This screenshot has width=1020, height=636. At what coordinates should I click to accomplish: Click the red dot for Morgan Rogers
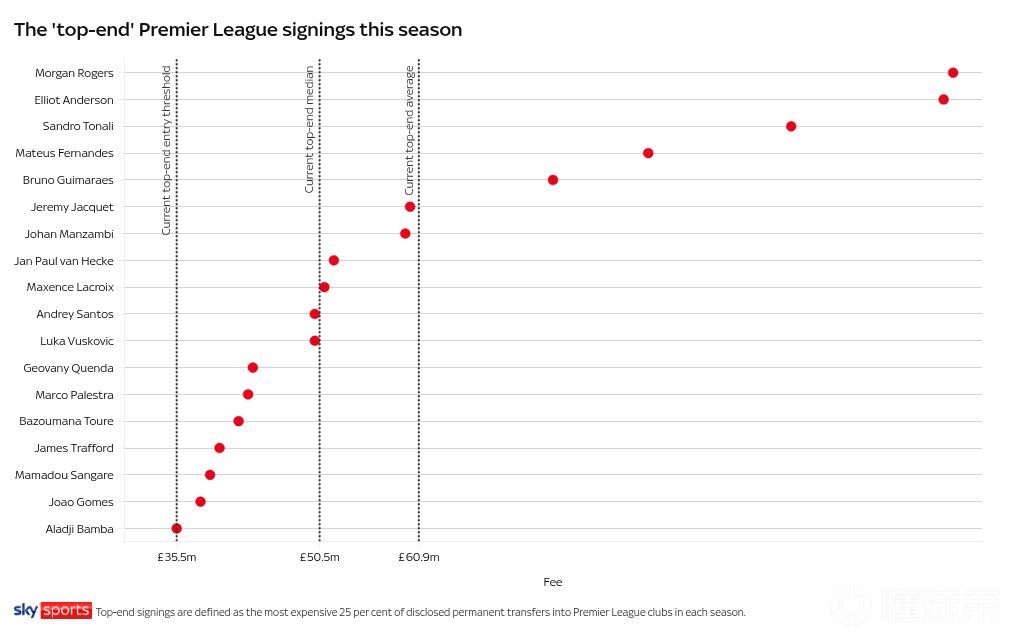click(952, 73)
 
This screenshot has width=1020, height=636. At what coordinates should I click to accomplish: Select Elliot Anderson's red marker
click(943, 99)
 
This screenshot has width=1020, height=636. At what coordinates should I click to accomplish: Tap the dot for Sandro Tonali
click(790, 126)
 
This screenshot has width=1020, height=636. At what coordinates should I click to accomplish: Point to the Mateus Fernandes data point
click(648, 153)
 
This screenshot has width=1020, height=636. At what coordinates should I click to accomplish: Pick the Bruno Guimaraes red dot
click(552, 179)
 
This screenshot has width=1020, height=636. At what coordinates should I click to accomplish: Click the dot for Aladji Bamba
click(176, 528)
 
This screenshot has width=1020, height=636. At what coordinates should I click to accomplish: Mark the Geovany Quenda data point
click(252, 367)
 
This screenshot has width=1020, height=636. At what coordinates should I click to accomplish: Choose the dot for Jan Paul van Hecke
click(333, 260)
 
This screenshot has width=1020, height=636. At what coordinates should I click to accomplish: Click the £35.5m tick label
click(176, 557)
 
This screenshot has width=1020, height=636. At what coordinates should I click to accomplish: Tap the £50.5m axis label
click(319, 557)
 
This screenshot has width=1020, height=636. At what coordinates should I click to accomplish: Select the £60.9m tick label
click(419, 557)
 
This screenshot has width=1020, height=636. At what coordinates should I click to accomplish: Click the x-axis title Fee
click(552, 582)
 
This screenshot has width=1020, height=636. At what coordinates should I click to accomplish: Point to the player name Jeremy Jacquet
click(72, 207)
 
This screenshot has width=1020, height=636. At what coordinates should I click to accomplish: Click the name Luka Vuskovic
click(77, 341)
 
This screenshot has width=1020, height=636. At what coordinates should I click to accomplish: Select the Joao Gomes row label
click(81, 502)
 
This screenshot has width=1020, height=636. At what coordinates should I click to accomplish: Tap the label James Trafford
click(74, 448)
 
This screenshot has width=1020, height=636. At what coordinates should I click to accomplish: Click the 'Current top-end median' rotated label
click(310, 129)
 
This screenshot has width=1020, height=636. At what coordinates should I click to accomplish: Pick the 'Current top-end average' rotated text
click(409, 130)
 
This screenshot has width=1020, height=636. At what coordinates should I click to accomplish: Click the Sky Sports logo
click(52, 611)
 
